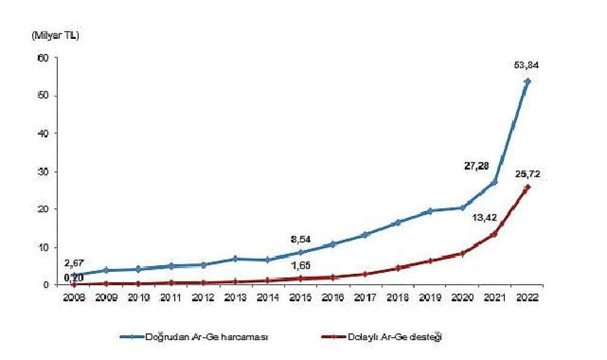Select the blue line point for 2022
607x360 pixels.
tap(527, 81)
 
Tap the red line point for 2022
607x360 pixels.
tap(527, 187)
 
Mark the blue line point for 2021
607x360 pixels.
tap(495, 182)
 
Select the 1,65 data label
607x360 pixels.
tap(300, 265)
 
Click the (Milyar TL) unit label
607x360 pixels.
tap(55, 36)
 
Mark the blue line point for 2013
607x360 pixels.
tap(236, 259)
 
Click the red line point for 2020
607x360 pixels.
tap(463, 253)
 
